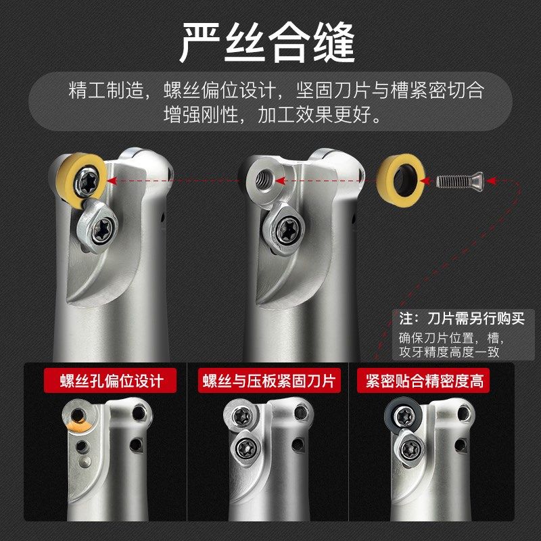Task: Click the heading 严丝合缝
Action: [x=270, y=43]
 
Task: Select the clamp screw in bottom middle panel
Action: [x=243, y=450]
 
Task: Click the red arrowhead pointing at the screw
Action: [x=492, y=181]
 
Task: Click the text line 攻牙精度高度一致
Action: [x=450, y=352]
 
